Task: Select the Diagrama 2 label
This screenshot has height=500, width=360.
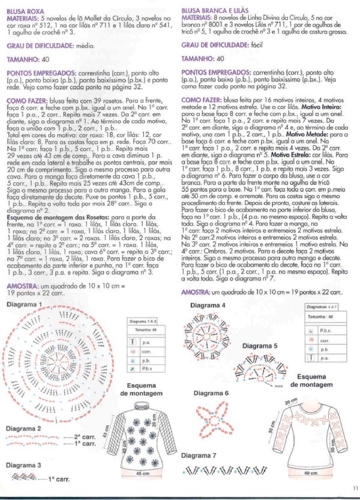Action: [23, 429]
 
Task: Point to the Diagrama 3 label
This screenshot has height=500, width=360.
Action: [23, 465]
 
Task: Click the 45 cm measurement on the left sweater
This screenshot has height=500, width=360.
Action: [142, 474]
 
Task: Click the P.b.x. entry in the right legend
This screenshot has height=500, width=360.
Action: [327, 330]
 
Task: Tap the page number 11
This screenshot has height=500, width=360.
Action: [355, 494]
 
